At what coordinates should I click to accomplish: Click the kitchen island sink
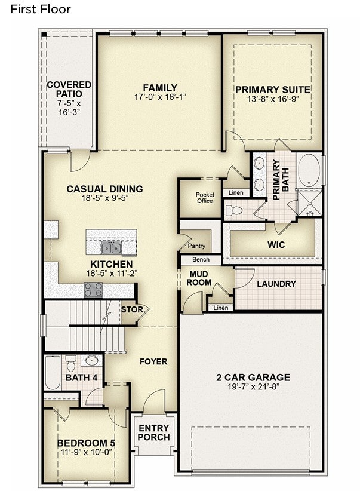[x=111, y=248]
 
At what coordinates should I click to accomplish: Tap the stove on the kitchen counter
[x=93, y=290]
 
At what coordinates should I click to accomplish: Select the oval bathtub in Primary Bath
[x=309, y=170]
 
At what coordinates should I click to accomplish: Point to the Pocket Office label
[x=205, y=198]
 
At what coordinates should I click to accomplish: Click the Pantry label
[x=196, y=246]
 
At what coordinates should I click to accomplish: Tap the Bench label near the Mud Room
[x=201, y=259]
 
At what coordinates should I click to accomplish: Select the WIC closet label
[x=276, y=244]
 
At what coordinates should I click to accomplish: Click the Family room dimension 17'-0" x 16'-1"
[x=160, y=97]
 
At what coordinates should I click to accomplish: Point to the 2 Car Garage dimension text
[x=253, y=386]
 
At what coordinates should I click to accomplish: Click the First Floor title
[x=41, y=10]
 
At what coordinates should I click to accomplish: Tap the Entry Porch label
[x=153, y=432]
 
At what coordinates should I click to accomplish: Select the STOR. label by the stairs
[x=133, y=310]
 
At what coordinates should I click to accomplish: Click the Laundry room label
[x=276, y=284]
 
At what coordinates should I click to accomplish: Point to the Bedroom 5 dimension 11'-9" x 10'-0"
[x=87, y=452]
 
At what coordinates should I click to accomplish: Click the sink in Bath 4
[x=91, y=360]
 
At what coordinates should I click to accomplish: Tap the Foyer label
[x=153, y=361]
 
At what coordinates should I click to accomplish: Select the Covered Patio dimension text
[x=69, y=108]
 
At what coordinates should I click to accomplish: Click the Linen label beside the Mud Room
[x=221, y=308]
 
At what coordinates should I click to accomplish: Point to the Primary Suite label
[x=273, y=90]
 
